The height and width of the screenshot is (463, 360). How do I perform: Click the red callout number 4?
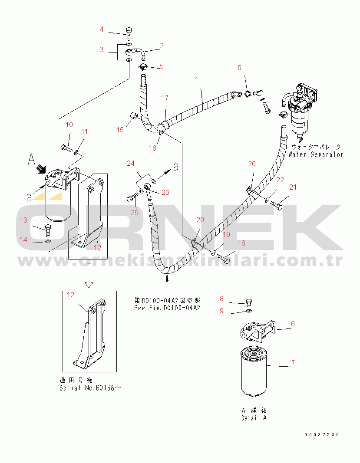[102, 29]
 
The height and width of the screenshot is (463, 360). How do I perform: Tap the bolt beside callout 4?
[129, 34]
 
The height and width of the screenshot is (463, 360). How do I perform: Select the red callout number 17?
[165, 98]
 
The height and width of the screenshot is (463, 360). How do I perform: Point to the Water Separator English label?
[315, 154]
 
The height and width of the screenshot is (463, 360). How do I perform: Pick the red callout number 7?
[293, 363]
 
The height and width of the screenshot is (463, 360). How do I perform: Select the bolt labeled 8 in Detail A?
[249, 302]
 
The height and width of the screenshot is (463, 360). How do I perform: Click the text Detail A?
[254, 418]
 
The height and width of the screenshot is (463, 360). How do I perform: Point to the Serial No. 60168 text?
[90, 387]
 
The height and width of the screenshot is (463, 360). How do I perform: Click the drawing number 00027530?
[322, 435]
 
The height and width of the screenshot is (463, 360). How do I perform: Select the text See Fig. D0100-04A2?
[167, 308]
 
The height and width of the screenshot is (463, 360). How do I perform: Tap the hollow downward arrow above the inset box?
[89, 275]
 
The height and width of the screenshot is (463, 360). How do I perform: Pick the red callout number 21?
[293, 187]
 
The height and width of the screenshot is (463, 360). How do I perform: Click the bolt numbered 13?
[48, 230]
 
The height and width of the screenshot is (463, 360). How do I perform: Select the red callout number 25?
[135, 213]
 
